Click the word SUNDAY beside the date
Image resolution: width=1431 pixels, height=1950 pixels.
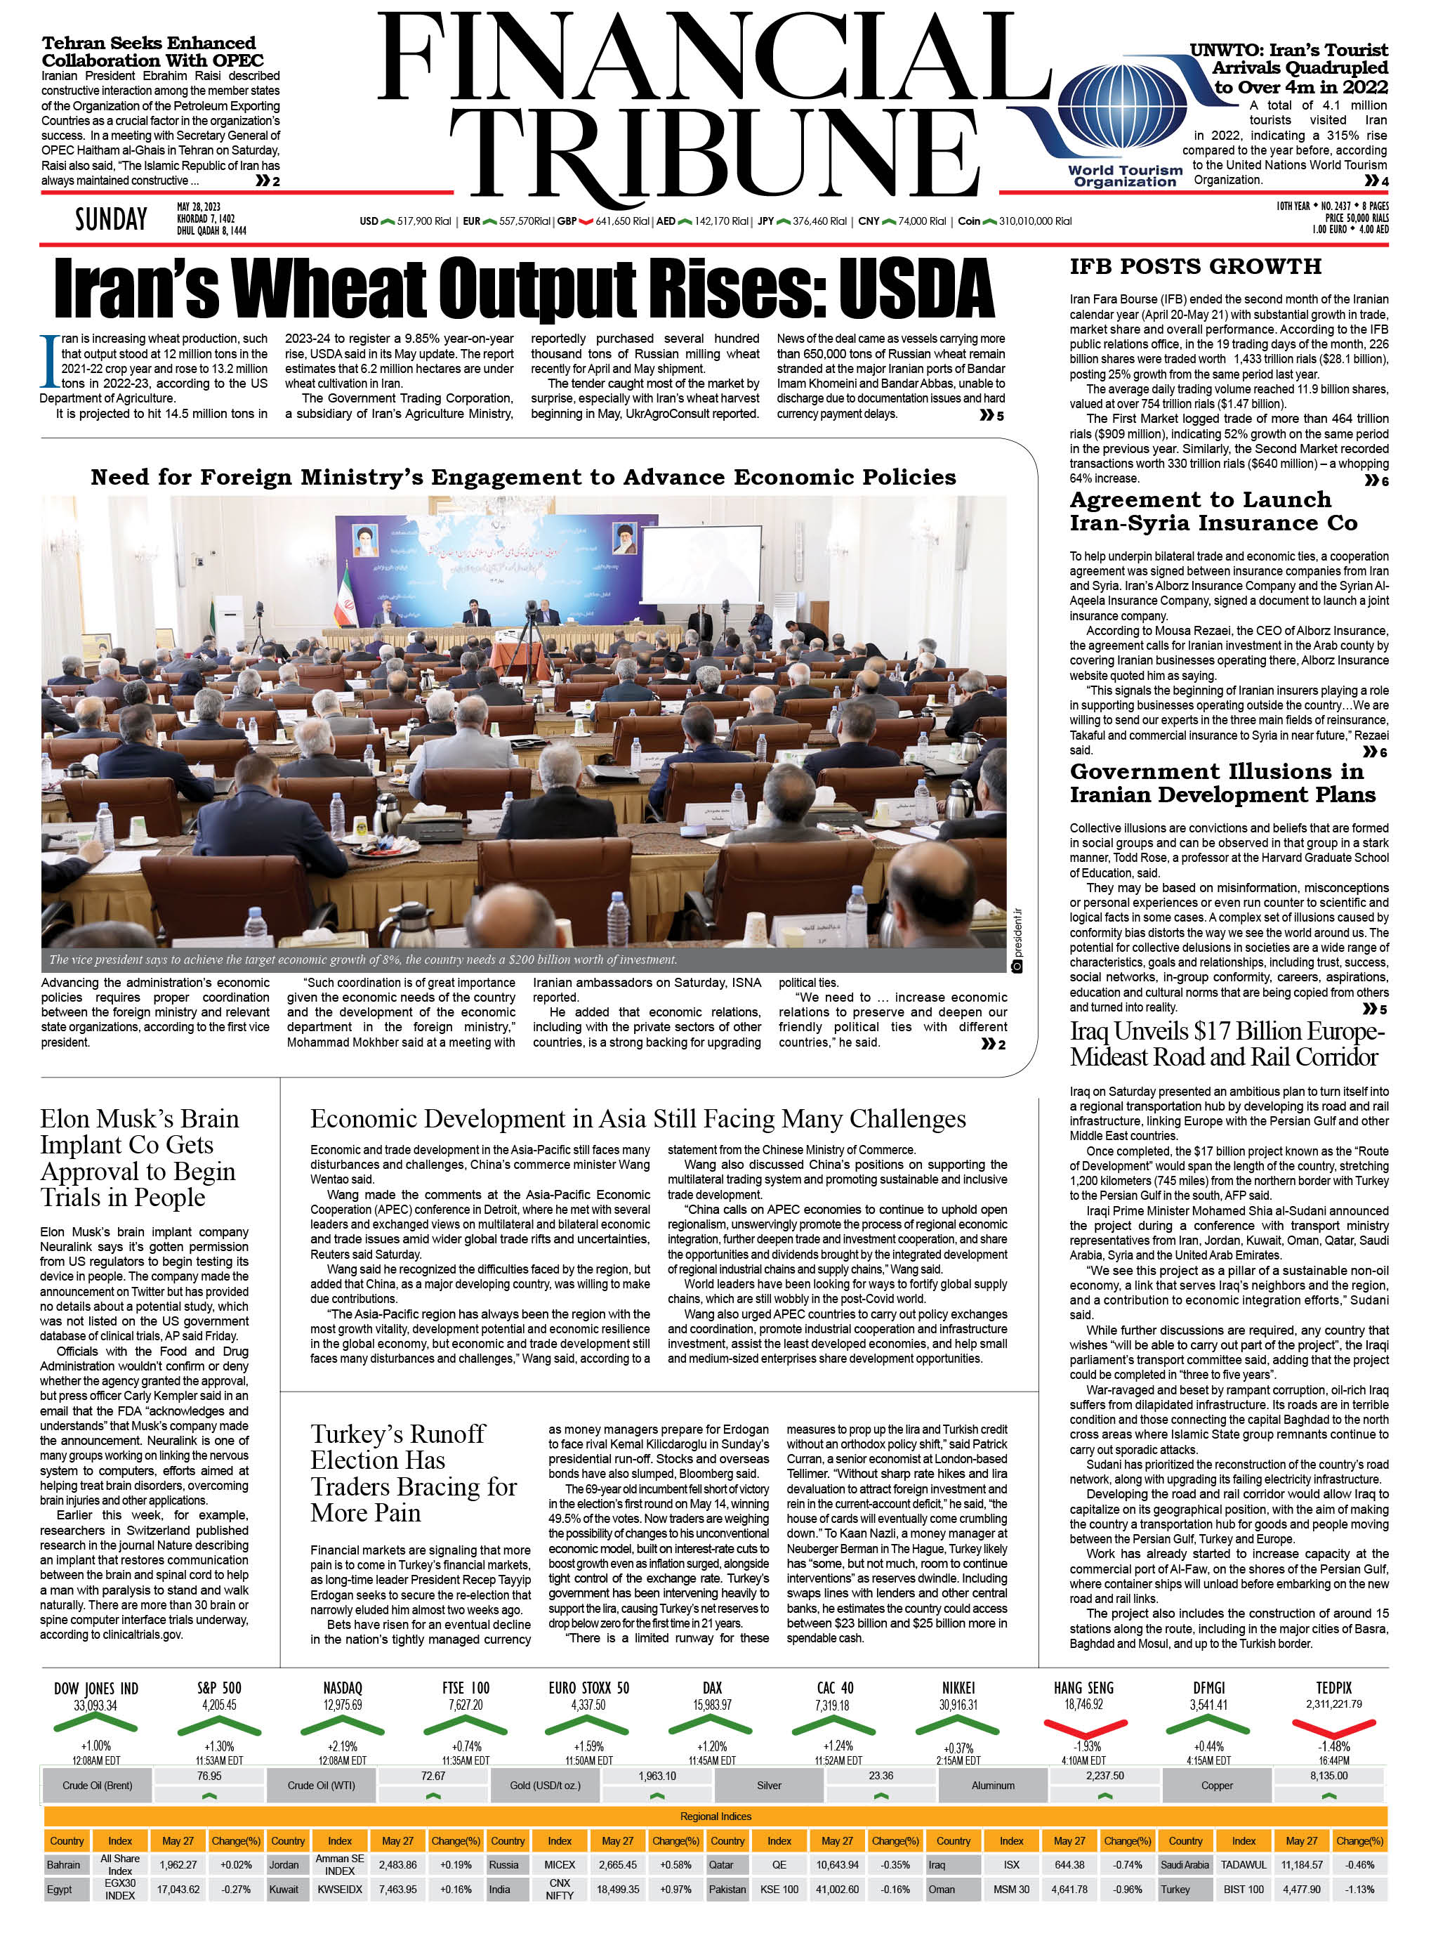coord(111,219)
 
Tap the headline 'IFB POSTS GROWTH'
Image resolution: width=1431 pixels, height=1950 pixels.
coord(1194,266)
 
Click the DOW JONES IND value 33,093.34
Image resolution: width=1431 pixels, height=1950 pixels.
coord(95,1706)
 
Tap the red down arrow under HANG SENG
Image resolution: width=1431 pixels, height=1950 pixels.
coord(1085,1727)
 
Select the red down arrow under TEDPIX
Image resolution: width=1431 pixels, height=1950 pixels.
coord(1334,1727)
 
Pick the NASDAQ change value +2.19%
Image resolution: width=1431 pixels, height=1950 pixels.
coord(342,1746)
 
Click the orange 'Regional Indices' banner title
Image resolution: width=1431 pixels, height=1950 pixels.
coord(715,1816)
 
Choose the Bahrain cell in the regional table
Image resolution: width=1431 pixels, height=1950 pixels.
coord(64,1864)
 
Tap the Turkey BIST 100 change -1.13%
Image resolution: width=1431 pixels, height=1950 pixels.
coord(1358,1890)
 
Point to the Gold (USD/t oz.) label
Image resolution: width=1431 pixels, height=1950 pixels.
coord(545,1786)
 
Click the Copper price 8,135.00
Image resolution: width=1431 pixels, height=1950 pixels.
coord(1328,1776)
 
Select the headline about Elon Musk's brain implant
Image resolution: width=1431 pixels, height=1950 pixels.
coord(138,1157)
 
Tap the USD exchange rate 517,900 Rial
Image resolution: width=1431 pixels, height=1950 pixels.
coord(423,221)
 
